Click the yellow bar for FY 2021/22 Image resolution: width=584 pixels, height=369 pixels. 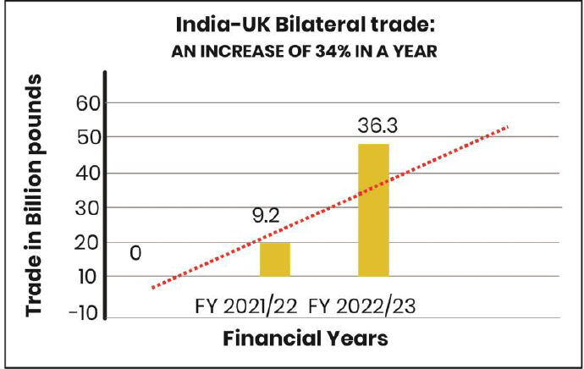tap(274, 259)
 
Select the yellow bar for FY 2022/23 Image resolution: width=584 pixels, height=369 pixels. tap(373, 210)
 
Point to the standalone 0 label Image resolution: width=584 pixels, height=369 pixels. tap(135, 252)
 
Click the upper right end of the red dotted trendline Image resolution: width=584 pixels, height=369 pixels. tap(508, 127)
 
